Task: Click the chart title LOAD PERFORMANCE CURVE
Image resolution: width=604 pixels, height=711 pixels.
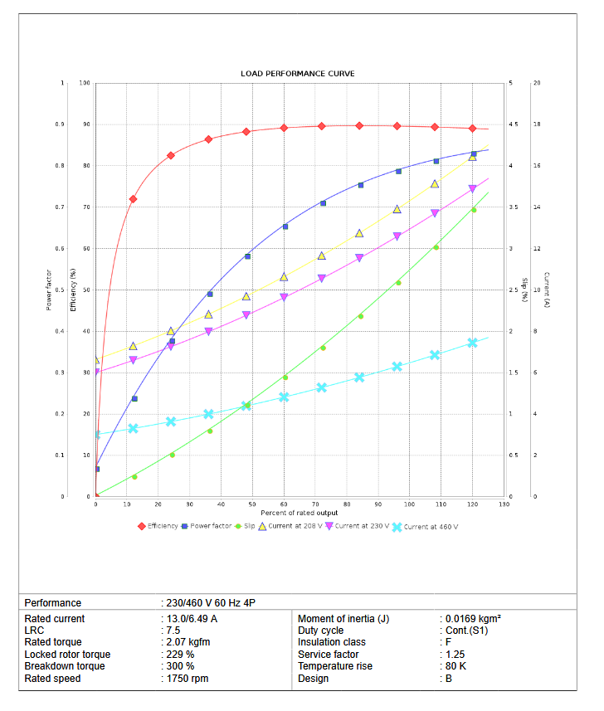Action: (x=297, y=74)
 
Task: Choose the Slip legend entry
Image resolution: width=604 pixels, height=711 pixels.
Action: (x=249, y=526)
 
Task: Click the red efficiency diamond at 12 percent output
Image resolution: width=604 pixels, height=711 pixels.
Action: (x=133, y=199)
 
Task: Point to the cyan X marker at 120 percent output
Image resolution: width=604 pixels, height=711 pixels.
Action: (x=473, y=343)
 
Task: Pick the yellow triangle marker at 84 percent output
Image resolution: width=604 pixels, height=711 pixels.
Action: (x=359, y=233)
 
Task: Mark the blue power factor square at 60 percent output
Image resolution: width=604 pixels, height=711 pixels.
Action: (x=285, y=226)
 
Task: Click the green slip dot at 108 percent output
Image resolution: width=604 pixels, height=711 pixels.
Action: (x=436, y=247)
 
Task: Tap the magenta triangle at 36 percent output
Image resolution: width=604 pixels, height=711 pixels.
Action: (x=208, y=331)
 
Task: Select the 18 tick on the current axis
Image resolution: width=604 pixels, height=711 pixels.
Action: (x=537, y=124)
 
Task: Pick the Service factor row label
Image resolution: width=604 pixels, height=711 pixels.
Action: (x=331, y=655)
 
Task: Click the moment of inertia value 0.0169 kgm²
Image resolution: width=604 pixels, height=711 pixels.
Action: (x=470, y=619)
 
